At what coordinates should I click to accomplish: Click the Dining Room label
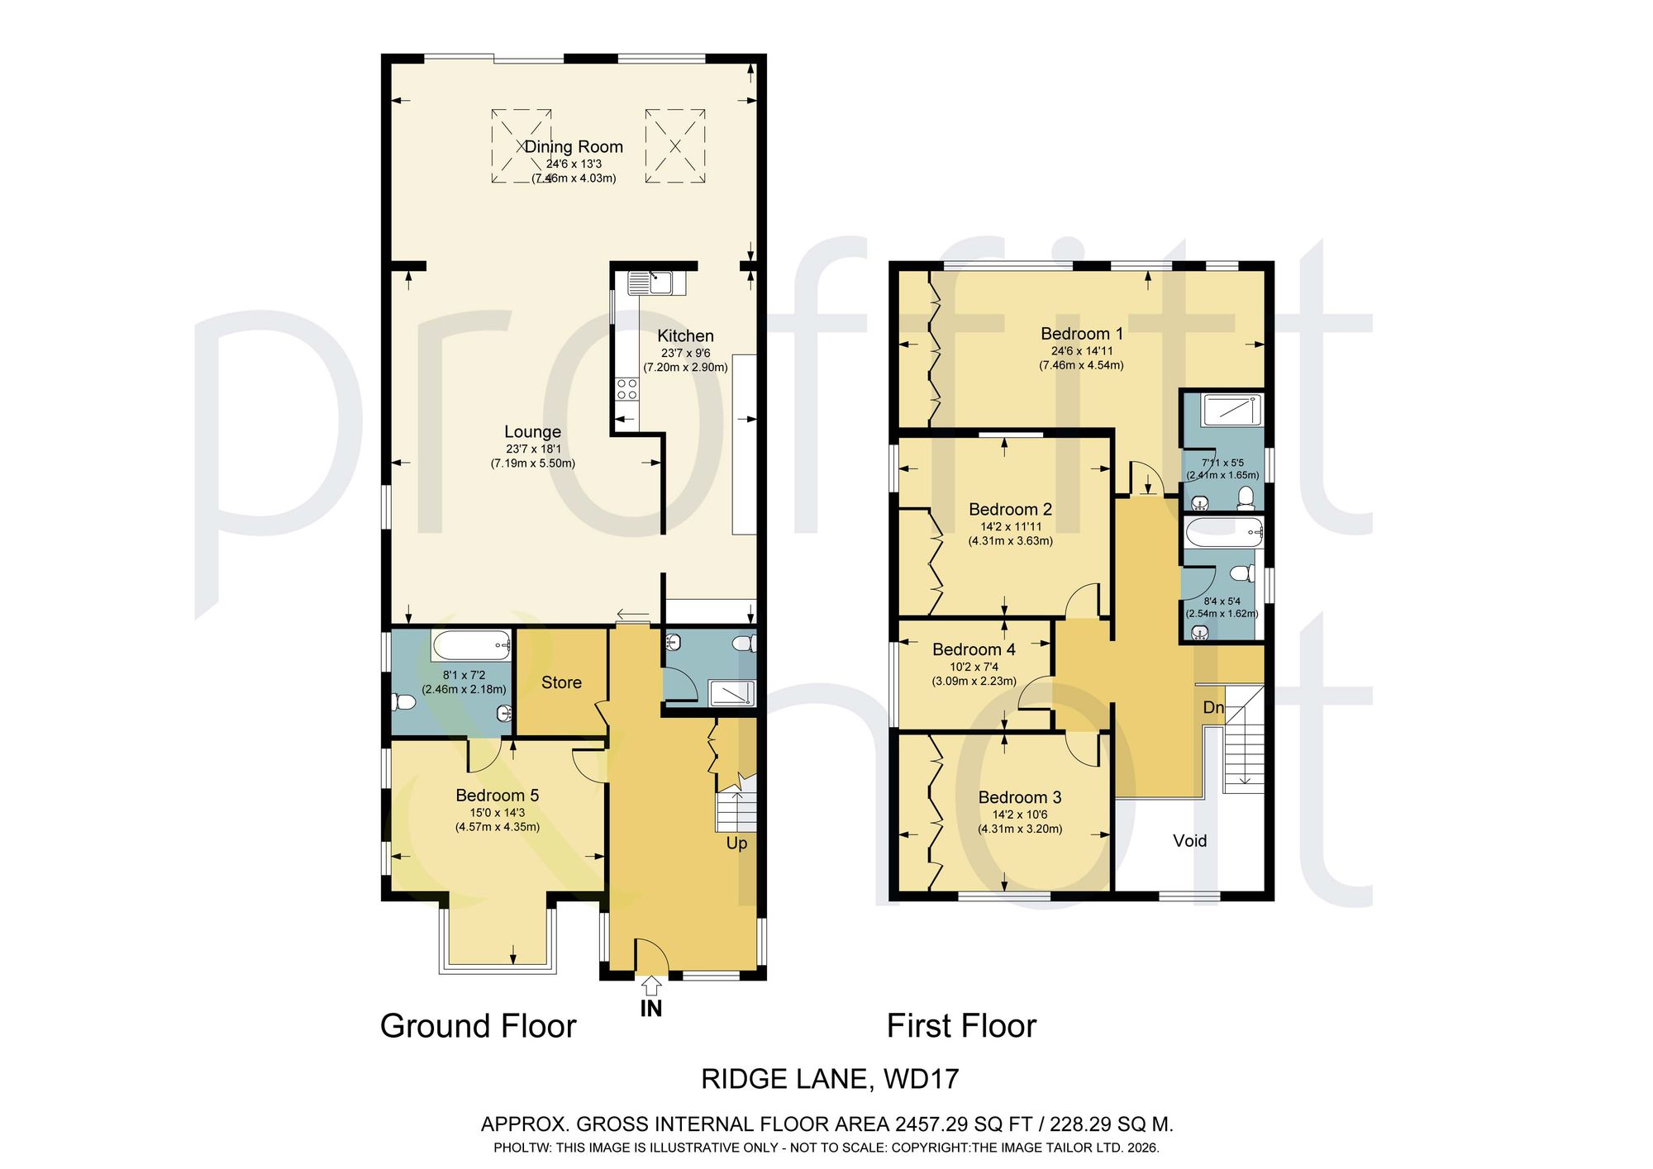574,147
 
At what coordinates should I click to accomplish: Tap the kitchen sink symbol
657,283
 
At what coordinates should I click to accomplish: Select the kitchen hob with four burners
627,389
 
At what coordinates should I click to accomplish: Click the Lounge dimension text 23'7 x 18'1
533,449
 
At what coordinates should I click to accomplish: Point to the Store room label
561,682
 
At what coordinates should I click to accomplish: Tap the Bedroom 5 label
498,796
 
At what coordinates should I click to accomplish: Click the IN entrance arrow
651,986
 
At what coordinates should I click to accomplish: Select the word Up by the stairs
736,843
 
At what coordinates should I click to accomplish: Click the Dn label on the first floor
1213,708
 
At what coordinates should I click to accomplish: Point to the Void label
1190,841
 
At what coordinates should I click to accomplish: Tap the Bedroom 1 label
1082,334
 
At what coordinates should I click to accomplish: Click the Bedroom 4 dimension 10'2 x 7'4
974,668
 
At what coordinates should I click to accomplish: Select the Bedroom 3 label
1020,797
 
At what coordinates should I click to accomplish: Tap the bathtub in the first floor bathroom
1224,533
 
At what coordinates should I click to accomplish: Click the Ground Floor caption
478,1027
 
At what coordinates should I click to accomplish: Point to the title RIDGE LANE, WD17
830,1079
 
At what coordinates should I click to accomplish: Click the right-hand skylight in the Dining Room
675,146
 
